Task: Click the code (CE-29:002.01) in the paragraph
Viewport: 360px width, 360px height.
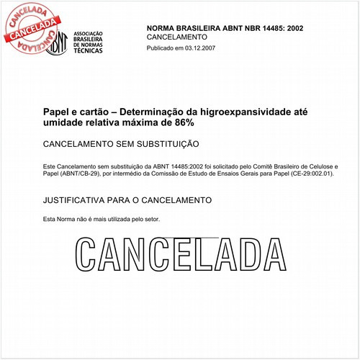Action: pyautogui.click(x=311, y=174)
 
